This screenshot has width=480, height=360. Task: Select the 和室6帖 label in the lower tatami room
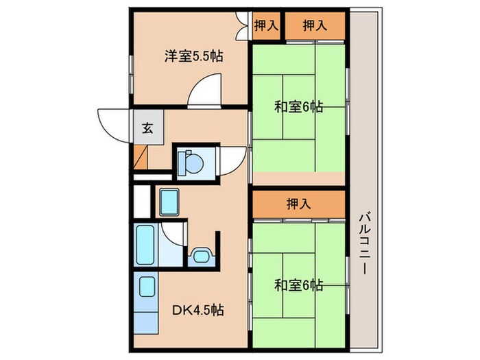(x=299, y=285)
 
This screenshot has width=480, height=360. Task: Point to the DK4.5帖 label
(x=199, y=310)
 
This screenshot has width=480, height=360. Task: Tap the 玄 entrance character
(x=147, y=128)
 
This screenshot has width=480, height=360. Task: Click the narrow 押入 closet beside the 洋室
(x=267, y=26)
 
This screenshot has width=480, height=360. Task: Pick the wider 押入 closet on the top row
(x=314, y=26)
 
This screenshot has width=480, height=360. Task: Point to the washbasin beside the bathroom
(x=200, y=255)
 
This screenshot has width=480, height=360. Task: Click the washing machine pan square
(x=170, y=202)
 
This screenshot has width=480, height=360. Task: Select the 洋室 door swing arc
(x=204, y=91)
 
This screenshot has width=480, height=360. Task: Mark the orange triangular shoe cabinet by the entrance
(x=141, y=158)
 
